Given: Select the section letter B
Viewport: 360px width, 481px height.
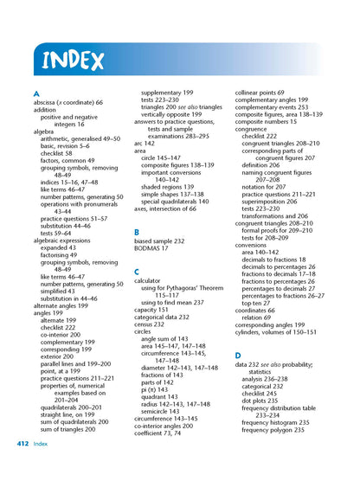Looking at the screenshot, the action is tap(137, 233).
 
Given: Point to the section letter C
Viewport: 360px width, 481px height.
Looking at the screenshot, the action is tap(137, 272).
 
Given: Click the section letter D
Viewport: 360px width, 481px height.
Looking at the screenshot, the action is tap(238, 355).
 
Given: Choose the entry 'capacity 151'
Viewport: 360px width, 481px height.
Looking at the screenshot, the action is tap(153, 310).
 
